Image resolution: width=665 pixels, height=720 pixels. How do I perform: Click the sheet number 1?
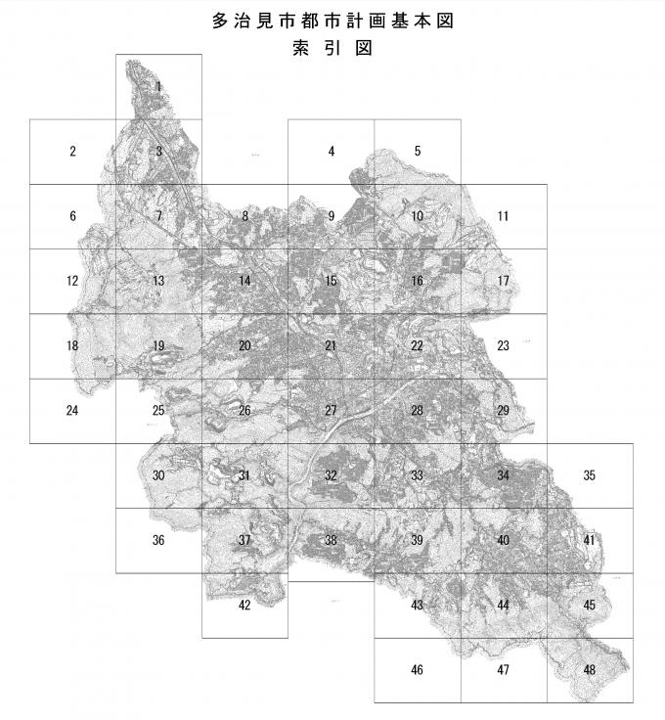pyautogui.click(x=158, y=87)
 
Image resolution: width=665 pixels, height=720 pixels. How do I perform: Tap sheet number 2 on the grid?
pyautogui.click(x=72, y=152)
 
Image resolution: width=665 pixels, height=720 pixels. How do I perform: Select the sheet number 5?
pyautogui.click(x=418, y=152)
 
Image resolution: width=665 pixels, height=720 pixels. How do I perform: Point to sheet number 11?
pyautogui.click(x=503, y=216)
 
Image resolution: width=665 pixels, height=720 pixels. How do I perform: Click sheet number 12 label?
pyautogui.click(x=72, y=281)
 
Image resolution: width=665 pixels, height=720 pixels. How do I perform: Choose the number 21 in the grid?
pyautogui.click(x=331, y=345)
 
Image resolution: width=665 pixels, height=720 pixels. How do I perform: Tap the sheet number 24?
pyautogui.click(x=72, y=411)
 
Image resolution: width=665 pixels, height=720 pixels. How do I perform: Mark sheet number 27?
pyautogui.click(x=331, y=411)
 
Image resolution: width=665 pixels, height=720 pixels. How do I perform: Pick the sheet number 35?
pyautogui.click(x=589, y=475)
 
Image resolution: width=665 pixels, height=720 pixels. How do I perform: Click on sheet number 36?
pyautogui.click(x=158, y=540)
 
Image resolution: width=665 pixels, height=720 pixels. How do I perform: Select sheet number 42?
pyautogui.click(x=244, y=605)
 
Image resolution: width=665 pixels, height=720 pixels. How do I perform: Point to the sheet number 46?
pyautogui.click(x=418, y=670)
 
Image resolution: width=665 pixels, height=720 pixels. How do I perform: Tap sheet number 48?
pyautogui.click(x=589, y=670)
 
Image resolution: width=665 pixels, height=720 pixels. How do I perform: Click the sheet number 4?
pyautogui.click(x=332, y=152)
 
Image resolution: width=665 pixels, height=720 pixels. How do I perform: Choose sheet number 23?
pyautogui.click(x=503, y=345)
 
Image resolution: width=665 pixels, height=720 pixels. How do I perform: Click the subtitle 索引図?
pyautogui.click(x=332, y=47)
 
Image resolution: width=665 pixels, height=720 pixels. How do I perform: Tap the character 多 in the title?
pyautogui.click(x=219, y=20)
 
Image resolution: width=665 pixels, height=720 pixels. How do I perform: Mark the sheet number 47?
pyautogui.click(x=503, y=670)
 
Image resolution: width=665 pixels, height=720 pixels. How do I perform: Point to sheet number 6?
pyautogui.click(x=72, y=216)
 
